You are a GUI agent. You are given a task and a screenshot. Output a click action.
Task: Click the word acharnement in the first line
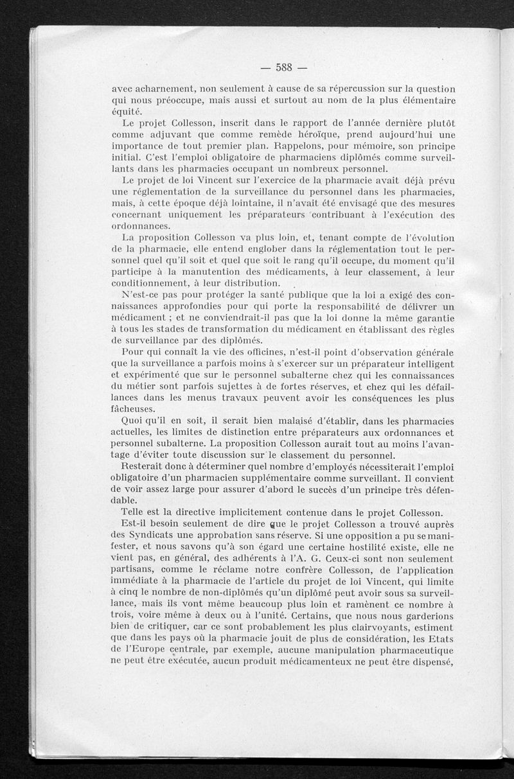[166, 88]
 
